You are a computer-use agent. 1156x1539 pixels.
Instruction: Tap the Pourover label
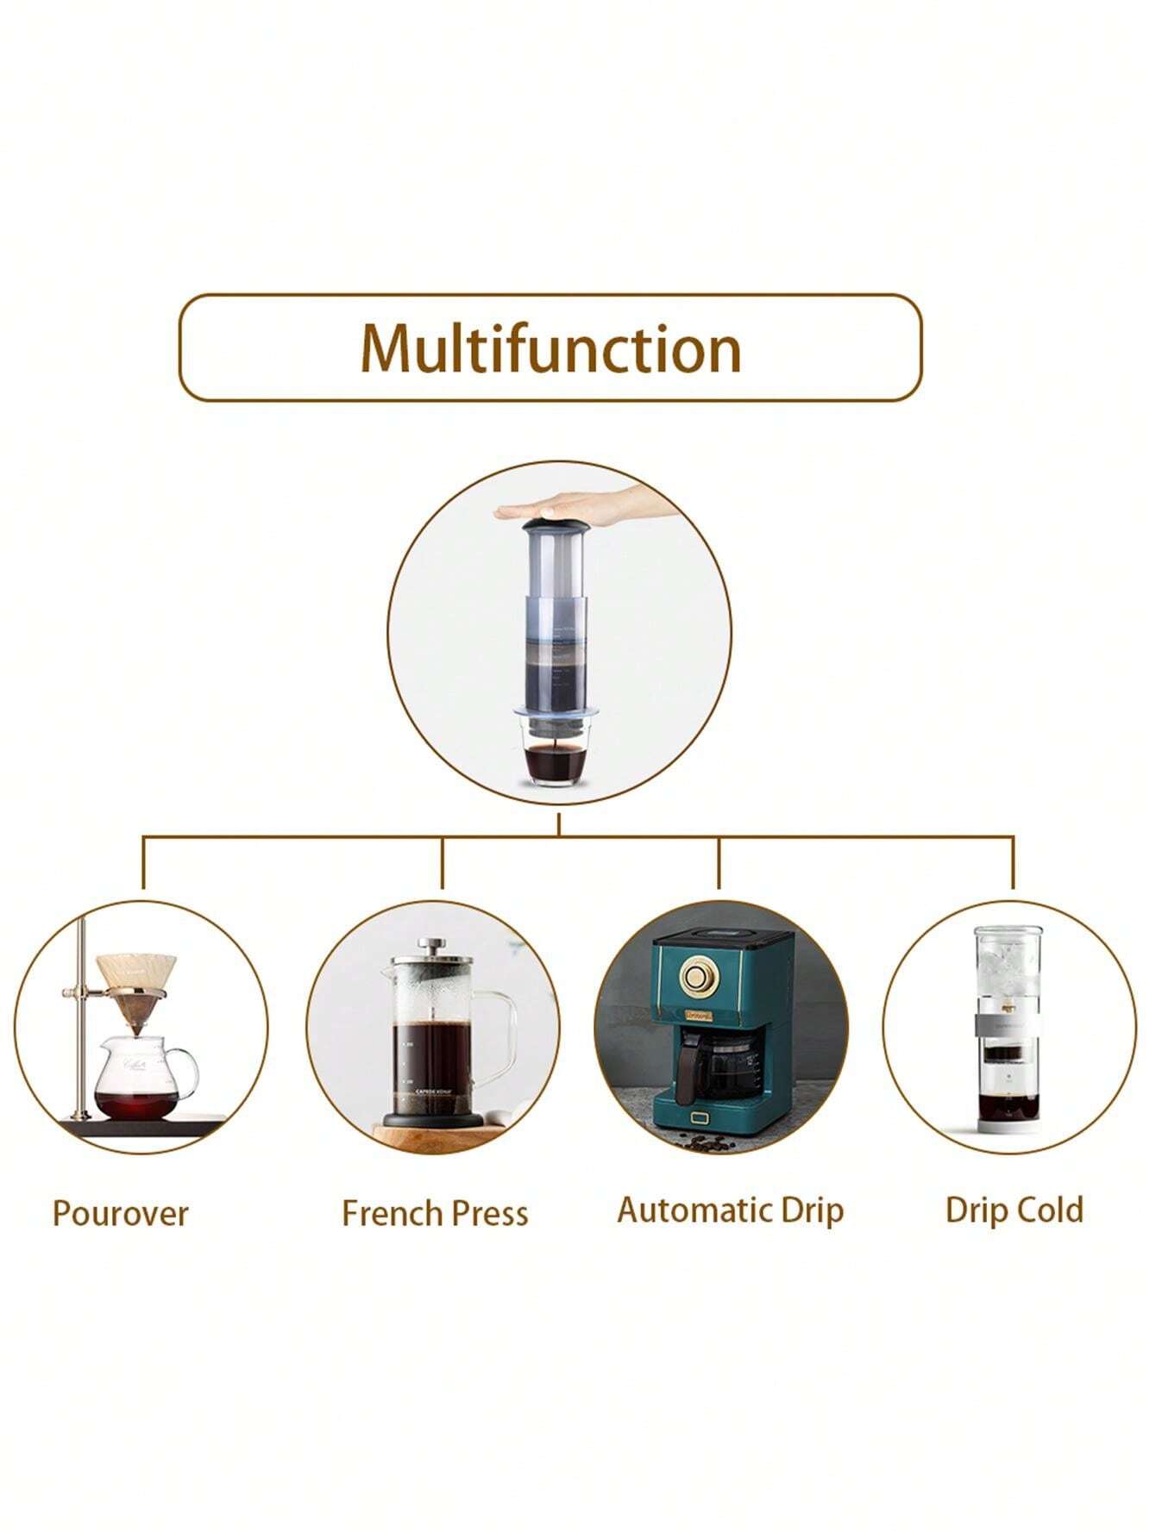120,1213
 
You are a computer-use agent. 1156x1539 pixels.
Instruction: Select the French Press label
435,1213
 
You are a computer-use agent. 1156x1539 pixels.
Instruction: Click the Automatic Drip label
730,1210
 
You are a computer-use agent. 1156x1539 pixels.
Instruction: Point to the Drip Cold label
1014,1210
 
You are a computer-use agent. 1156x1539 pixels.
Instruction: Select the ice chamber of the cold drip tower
1007,961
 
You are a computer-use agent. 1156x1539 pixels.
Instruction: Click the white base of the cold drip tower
1008,1125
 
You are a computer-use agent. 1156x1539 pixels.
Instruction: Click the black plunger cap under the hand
556,524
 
